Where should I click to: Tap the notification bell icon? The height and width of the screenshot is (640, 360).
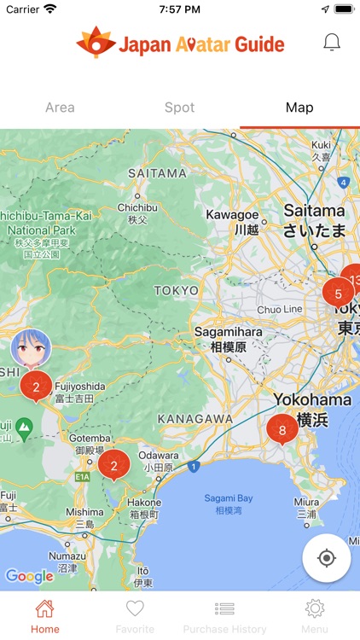332,42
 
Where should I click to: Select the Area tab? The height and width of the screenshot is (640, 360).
60,108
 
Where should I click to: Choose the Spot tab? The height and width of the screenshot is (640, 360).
179,108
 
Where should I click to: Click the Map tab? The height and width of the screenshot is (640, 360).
299,108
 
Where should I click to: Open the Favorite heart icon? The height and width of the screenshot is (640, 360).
135,609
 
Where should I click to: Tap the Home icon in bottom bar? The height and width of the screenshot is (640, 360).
44,609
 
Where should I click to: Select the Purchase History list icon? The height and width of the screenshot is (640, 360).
224,609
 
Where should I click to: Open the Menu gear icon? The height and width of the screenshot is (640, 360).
315,609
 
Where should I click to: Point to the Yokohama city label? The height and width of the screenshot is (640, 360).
312,400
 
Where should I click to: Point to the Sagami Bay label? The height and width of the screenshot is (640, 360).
224,498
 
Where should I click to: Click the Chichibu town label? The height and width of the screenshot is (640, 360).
137,207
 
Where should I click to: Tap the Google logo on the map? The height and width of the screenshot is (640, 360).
30,577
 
